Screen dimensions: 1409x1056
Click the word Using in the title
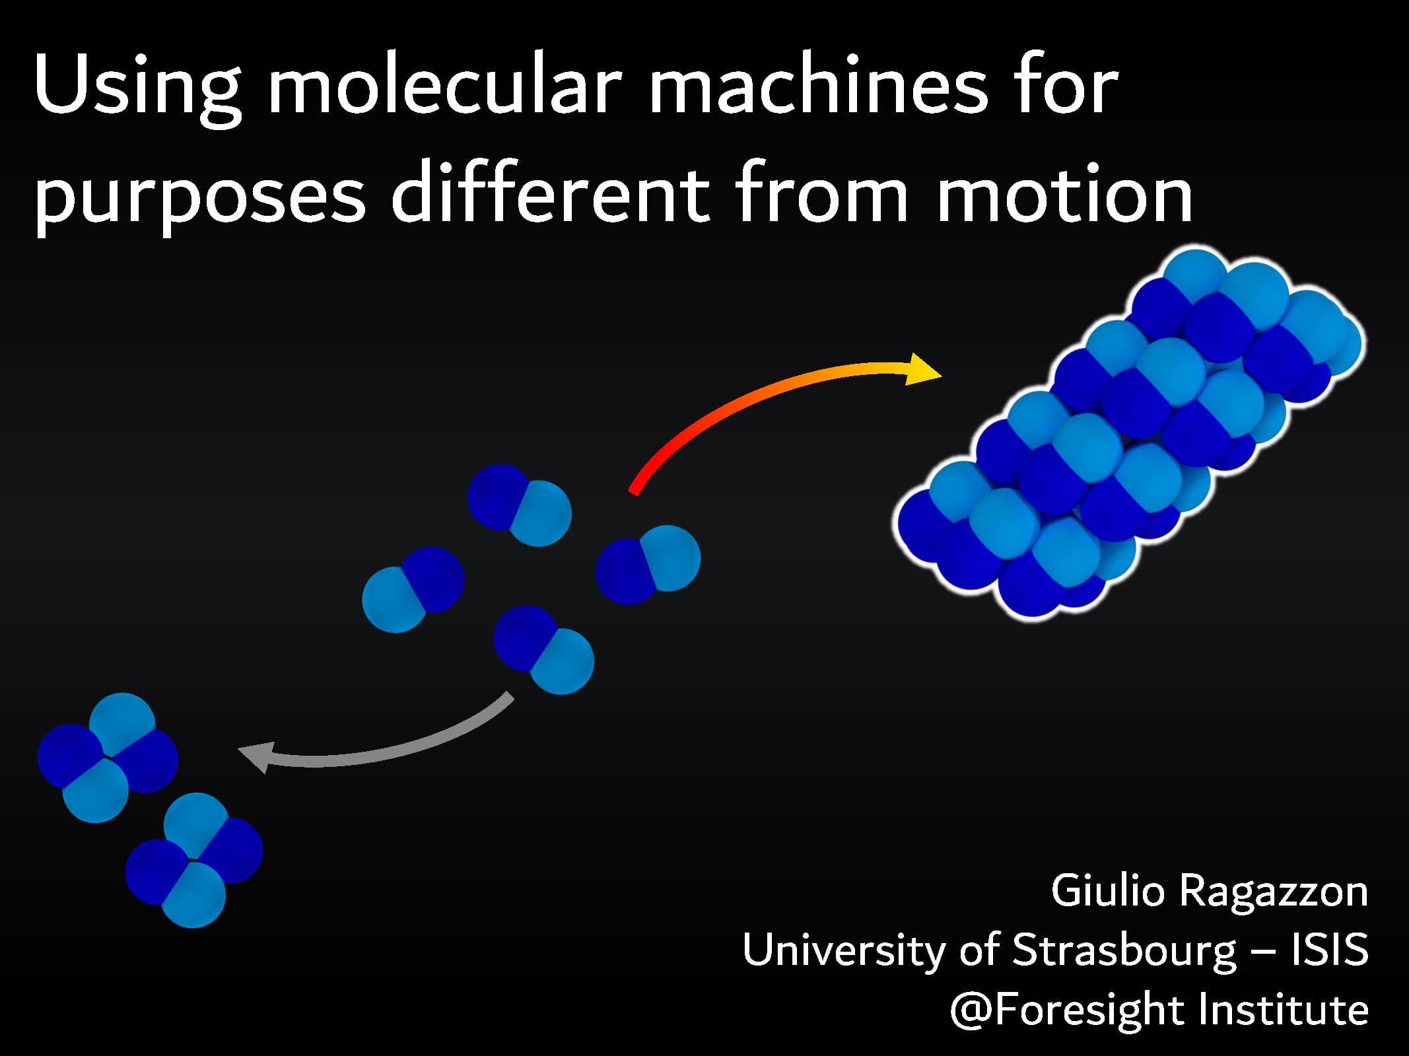(x=137, y=90)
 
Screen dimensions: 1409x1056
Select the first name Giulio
(x=1109, y=891)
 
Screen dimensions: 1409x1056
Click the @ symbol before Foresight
(x=971, y=1010)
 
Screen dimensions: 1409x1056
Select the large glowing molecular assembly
(x=1129, y=433)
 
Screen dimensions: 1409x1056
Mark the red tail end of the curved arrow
(x=633, y=491)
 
